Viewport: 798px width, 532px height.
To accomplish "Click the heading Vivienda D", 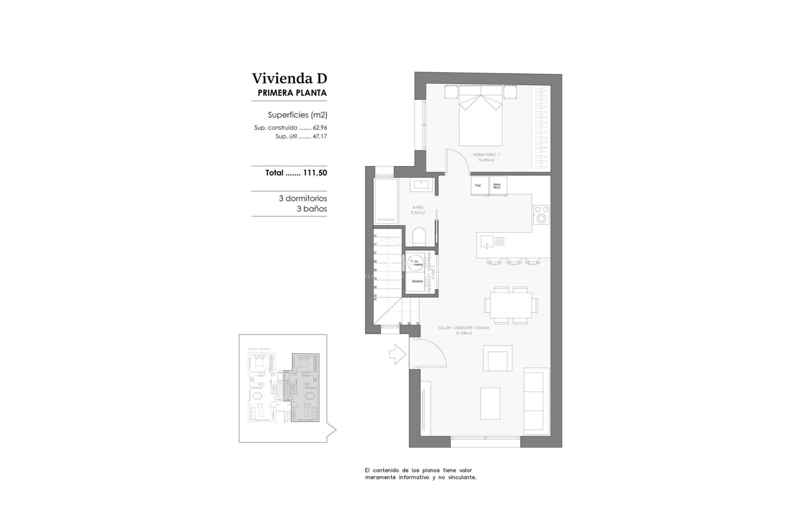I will pyautogui.click(x=289, y=79).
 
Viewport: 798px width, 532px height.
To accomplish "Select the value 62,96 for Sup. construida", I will pyautogui.click(x=320, y=128).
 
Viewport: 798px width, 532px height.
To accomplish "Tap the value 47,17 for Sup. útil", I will pyautogui.click(x=320, y=136).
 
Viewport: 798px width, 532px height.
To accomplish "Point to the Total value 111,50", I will pyautogui.click(x=315, y=173).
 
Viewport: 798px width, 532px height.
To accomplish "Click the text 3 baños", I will pyautogui.click(x=312, y=209).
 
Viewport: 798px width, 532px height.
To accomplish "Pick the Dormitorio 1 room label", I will pyautogui.click(x=486, y=157).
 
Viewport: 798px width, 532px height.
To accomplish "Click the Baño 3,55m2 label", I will pyautogui.click(x=418, y=210).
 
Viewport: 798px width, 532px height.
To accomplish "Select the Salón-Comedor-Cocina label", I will pyautogui.click(x=463, y=330).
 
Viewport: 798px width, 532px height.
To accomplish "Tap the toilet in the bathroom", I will pyautogui.click(x=419, y=237).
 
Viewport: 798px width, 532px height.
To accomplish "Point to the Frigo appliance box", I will pyautogui.click(x=478, y=186).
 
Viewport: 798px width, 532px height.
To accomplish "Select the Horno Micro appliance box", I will pyautogui.click(x=498, y=186).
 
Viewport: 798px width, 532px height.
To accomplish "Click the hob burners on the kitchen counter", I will pyautogui.click(x=541, y=214).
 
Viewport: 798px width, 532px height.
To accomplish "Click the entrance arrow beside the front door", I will pyautogui.click(x=397, y=354).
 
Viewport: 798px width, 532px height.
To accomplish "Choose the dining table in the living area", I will pyautogui.click(x=510, y=305).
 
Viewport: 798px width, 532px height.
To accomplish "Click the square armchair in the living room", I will pyautogui.click(x=497, y=358).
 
